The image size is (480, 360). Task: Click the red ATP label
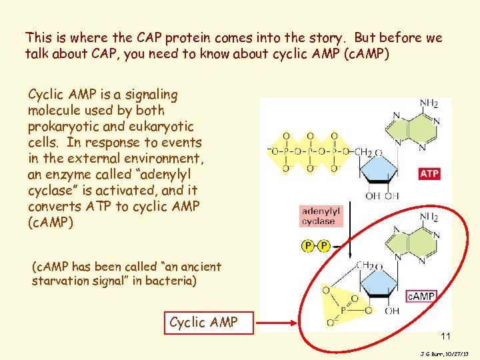point(429,174)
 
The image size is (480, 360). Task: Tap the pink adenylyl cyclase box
point(321,216)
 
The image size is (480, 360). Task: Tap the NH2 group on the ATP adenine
point(429,104)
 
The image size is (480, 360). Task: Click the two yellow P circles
point(316,246)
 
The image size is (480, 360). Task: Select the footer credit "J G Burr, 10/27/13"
point(445,351)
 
